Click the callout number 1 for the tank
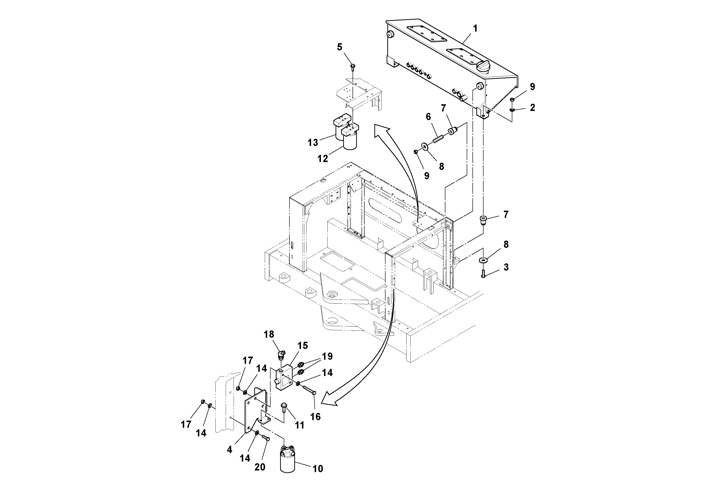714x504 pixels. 475,29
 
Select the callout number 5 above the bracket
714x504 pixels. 340,47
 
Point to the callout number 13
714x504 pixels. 313,142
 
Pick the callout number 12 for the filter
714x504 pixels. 323,158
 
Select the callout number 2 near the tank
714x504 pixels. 532,108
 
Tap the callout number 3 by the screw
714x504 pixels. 506,267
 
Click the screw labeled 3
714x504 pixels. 483,274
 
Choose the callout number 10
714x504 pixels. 318,468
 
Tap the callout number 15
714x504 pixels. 302,346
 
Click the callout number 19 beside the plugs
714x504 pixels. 327,356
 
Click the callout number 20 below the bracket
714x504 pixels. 260,467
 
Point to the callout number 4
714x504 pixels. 230,450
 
